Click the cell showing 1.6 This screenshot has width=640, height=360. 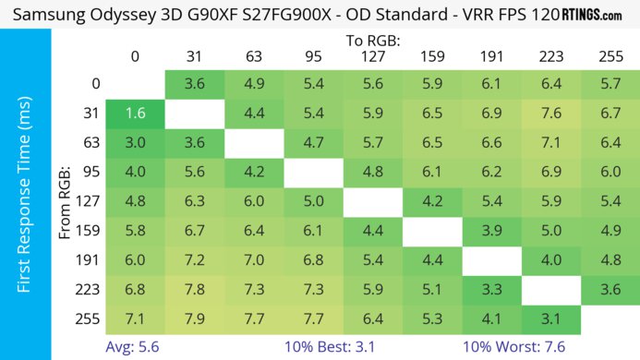[136, 114]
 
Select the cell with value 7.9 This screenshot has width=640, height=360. [195, 320]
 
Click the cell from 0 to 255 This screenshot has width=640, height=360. [609, 84]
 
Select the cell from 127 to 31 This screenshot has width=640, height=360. [195, 202]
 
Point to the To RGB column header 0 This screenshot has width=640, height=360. [136, 57]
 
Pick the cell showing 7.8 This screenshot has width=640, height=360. [195, 291]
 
